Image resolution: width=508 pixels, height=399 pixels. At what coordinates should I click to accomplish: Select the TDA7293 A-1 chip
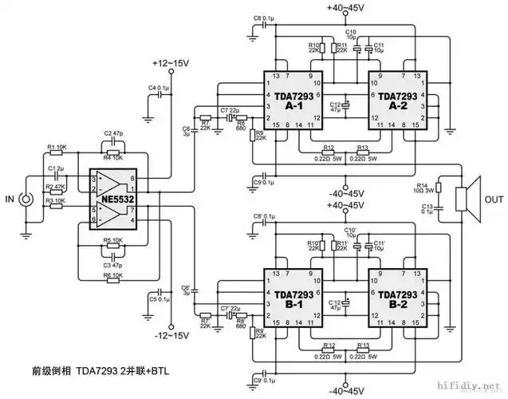(293, 101)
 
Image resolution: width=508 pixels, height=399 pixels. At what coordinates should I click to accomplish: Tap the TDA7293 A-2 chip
(396, 101)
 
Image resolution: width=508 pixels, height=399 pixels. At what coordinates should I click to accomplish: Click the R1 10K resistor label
(58, 147)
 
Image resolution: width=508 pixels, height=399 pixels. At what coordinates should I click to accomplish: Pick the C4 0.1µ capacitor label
(158, 87)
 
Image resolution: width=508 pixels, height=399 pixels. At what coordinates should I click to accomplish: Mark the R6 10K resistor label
(112, 275)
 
